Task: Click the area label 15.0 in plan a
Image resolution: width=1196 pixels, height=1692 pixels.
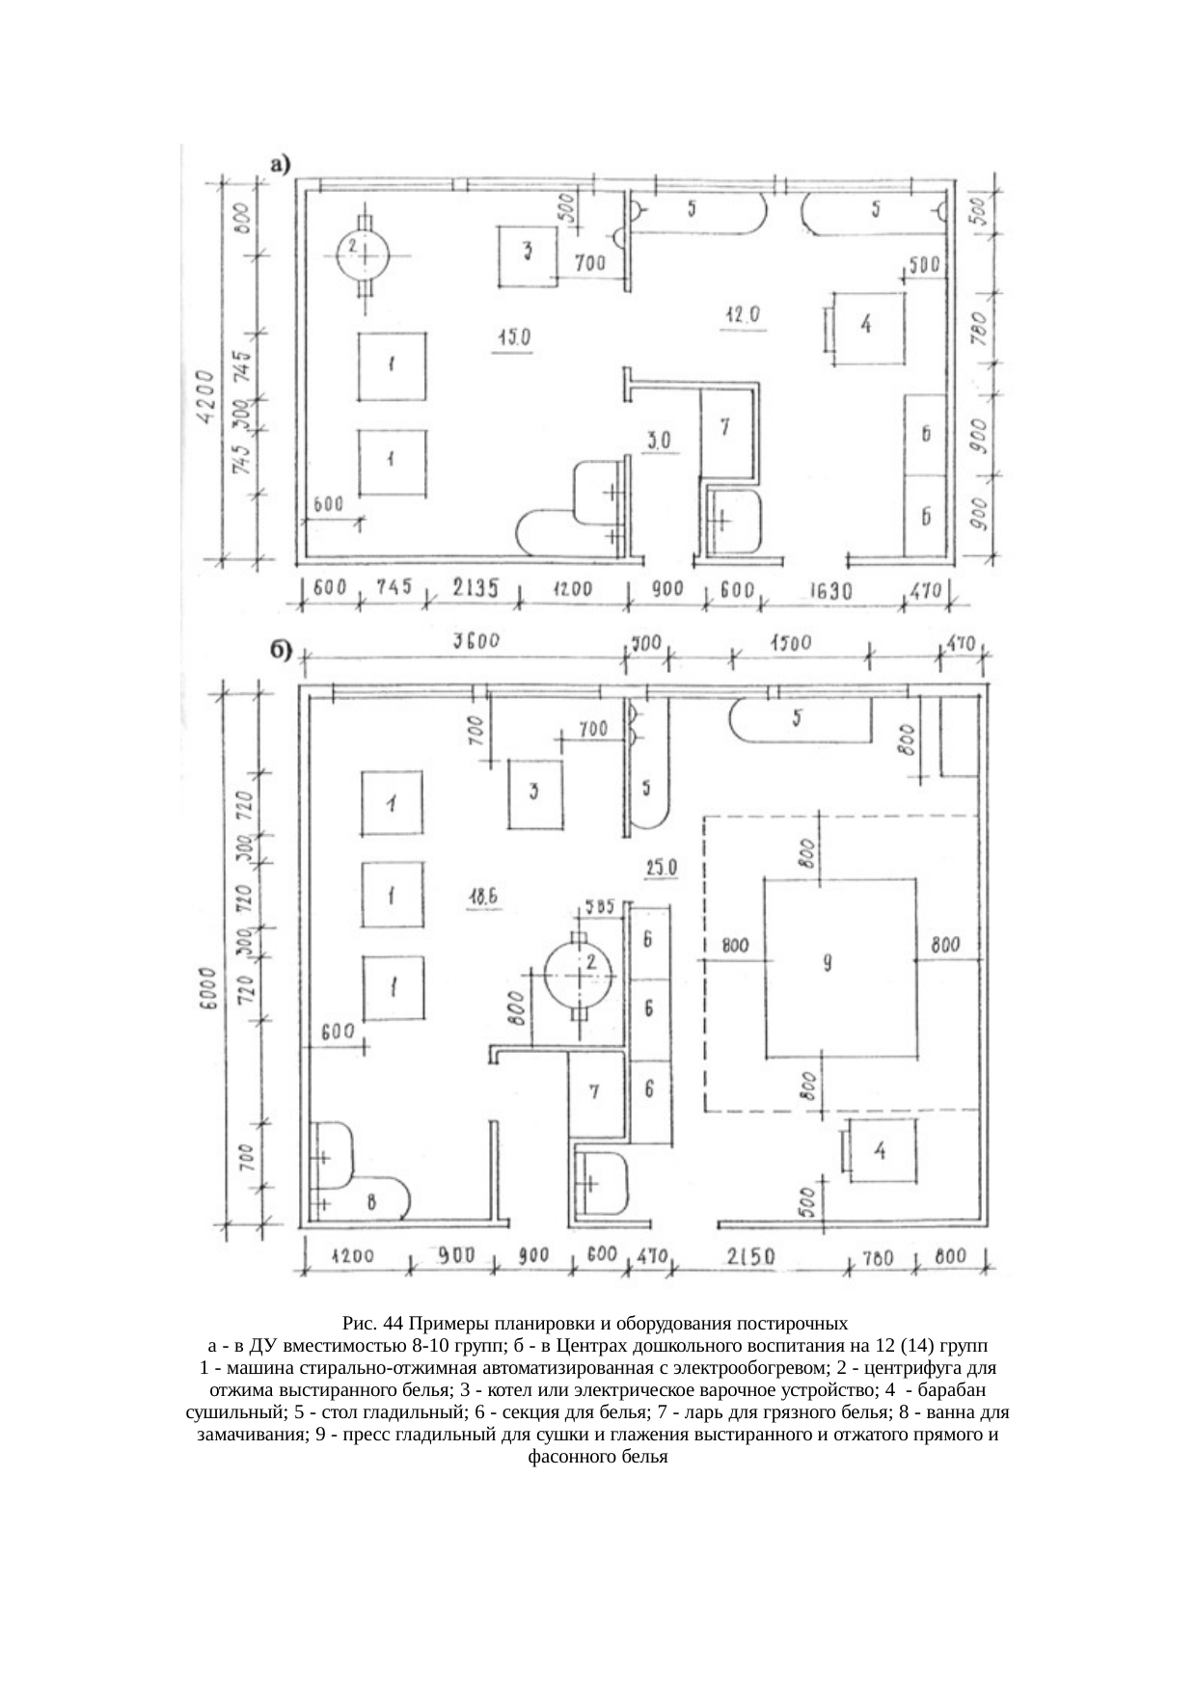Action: (512, 336)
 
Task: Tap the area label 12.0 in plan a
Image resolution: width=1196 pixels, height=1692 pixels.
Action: (743, 314)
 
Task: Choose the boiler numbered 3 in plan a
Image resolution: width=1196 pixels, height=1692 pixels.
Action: (528, 255)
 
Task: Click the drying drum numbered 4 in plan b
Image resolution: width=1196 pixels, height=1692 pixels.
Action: (882, 1150)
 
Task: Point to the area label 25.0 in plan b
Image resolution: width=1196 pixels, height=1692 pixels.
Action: (661, 868)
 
